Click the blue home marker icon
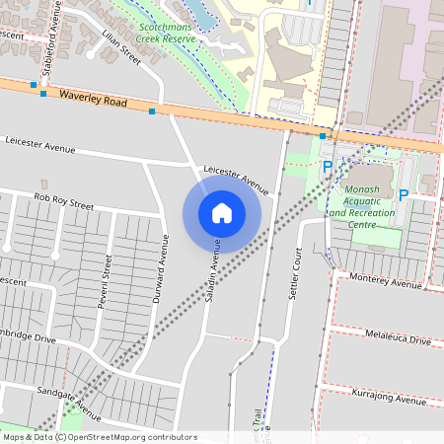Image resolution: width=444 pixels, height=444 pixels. point(222,212)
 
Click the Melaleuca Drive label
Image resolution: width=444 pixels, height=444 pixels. point(397,339)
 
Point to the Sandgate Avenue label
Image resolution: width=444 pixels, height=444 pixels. point(70,405)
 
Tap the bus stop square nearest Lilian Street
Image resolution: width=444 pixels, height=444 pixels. point(152,111)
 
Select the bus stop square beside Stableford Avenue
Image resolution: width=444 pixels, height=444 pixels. point(43,94)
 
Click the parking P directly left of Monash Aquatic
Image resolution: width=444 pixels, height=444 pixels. point(328,169)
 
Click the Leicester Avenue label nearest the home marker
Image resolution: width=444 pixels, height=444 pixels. point(236,179)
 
